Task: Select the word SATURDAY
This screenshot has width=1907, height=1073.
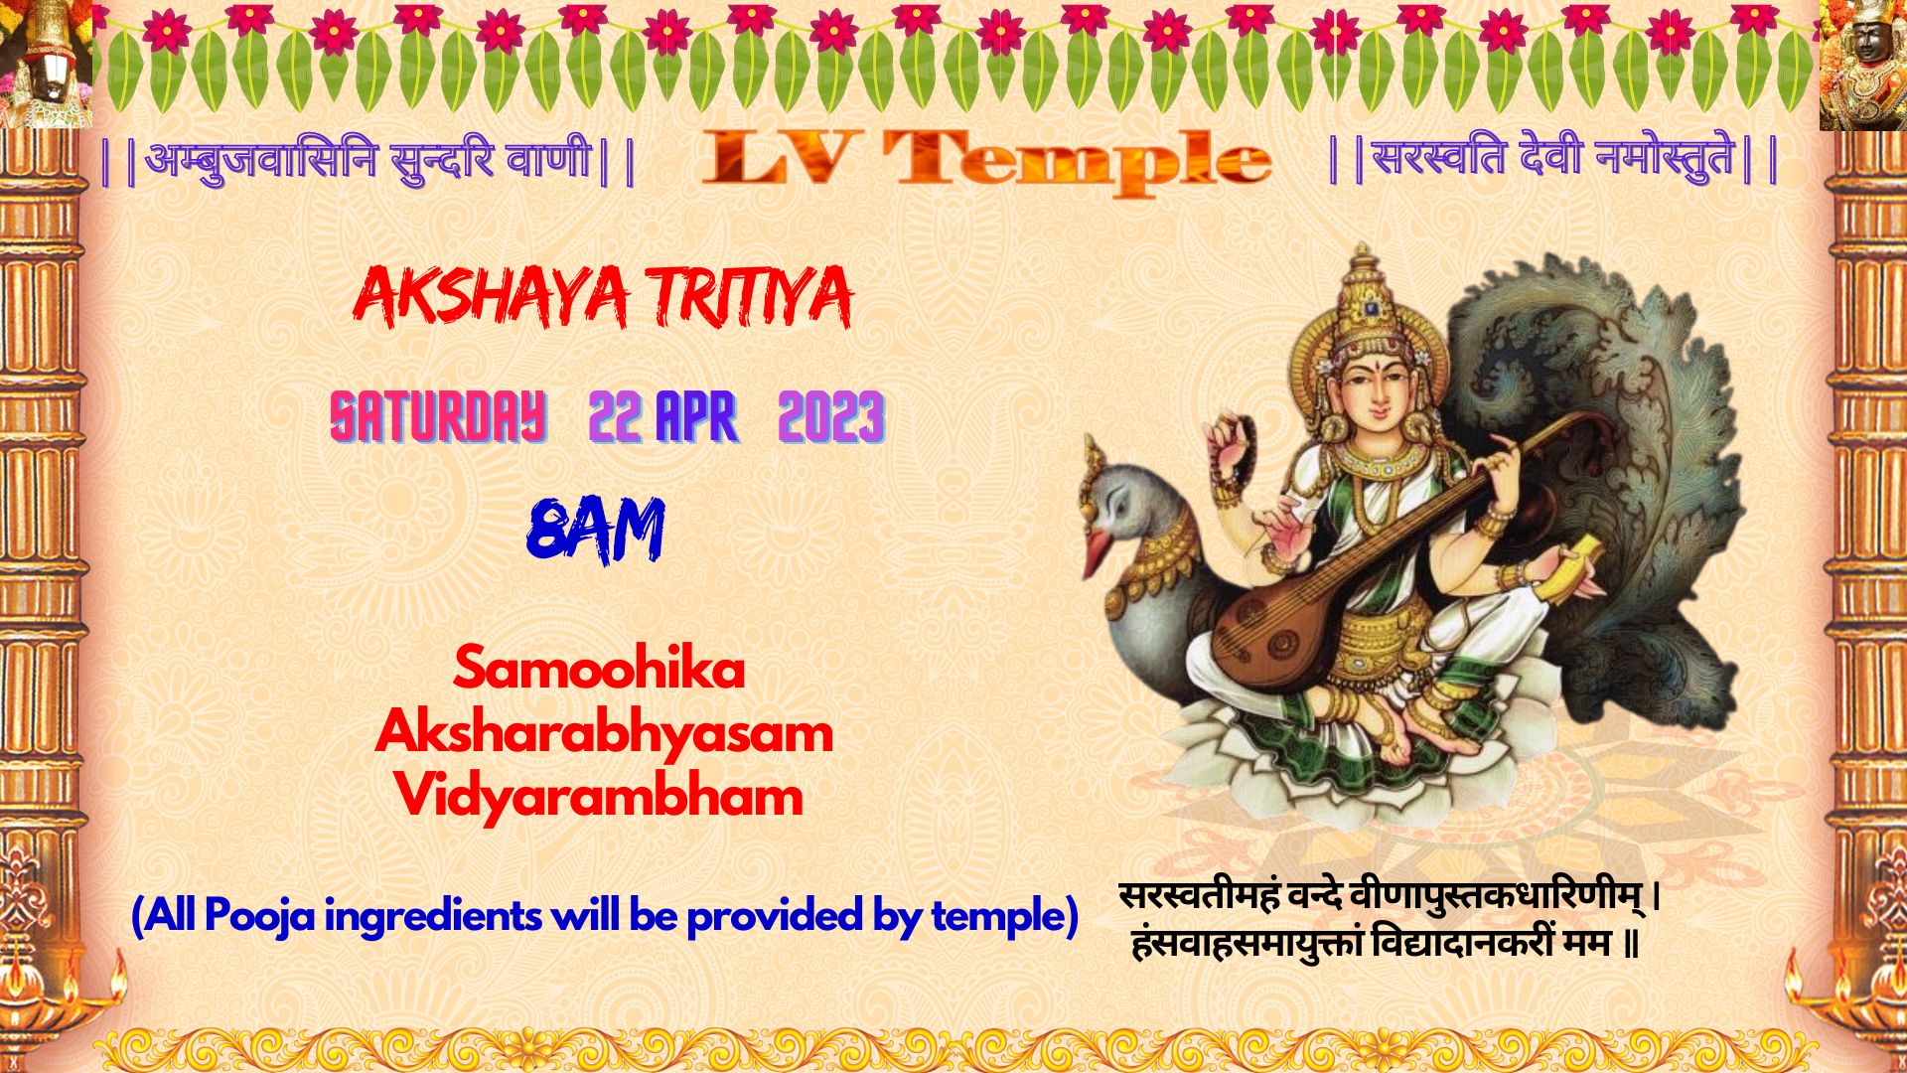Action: [x=438, y=416]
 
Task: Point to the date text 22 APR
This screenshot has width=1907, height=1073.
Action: [x=662, y=416]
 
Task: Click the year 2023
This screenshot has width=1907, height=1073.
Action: [x=831, y=416]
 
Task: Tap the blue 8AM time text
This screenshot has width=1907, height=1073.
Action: [x=595, y=531]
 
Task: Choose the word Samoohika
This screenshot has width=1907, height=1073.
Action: [x=599, y=668]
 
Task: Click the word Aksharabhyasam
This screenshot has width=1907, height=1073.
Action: [x=604, y=733]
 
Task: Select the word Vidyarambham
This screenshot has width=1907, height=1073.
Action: [x=599, y=796]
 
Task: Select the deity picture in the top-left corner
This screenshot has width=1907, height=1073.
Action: [x=46, y=64]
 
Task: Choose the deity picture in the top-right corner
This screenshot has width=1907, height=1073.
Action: [x=1863, y=65]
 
